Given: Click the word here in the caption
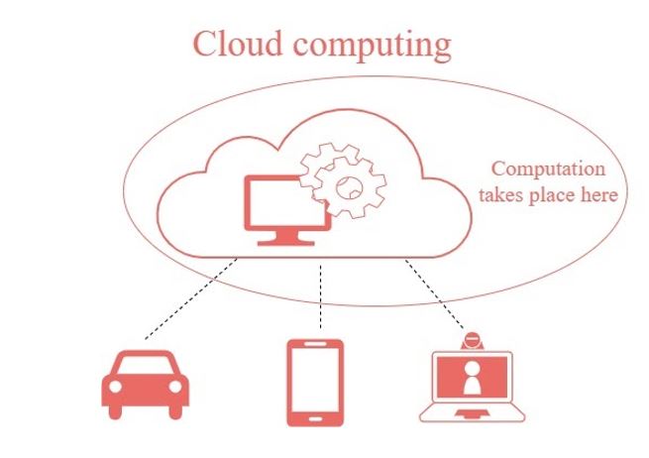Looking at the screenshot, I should tap(600, 195).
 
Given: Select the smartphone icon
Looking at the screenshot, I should tap(315, 382).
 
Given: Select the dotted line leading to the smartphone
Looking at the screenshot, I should tap(321, 297).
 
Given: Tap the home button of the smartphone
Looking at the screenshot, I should tap(315, 417).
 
